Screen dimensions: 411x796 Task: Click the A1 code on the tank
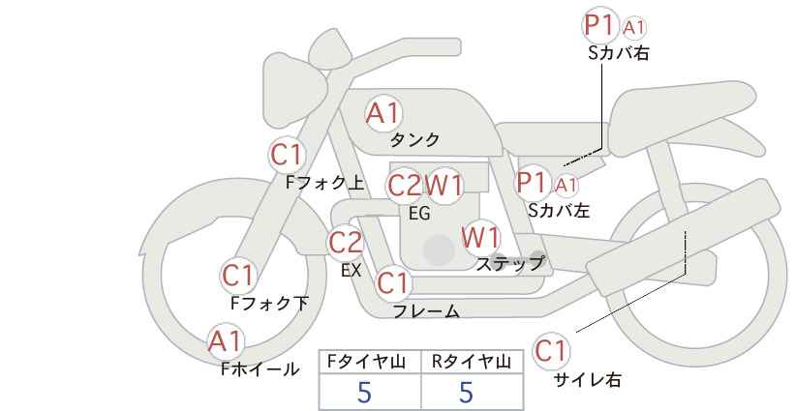(383, 113)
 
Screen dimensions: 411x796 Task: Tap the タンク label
(414, 140)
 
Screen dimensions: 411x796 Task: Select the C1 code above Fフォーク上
(288, 154)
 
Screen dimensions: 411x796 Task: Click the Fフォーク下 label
(269, 303)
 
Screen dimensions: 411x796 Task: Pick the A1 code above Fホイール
(227, 341)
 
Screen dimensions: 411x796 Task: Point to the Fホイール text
(260, 368)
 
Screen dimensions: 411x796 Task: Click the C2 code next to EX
(346, 243)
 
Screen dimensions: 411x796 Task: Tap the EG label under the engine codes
(419, 213)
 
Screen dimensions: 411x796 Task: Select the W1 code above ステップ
(480, 237)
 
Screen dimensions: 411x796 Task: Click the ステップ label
(510, 263)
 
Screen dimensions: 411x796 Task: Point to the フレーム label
(425, 311)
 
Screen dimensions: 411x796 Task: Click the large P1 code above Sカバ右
(600, 26)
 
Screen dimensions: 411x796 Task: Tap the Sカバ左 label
(559, 208)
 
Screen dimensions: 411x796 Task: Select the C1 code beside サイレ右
(551, 350)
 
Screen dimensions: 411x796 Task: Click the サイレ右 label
(587, 380)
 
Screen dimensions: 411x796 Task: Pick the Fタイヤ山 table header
(370, 362)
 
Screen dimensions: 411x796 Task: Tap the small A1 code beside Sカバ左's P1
(566, 184)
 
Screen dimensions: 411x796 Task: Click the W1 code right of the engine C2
(445, 185)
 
